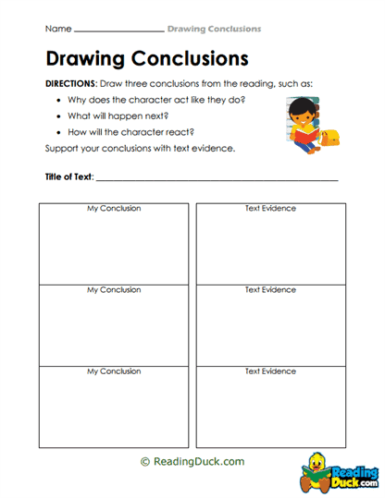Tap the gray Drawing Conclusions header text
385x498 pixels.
[x=214, y=30]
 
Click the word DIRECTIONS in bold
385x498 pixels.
[x=77, y=83]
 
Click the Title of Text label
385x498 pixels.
[x=68, y=176]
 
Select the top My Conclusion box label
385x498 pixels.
[x=114, y=209]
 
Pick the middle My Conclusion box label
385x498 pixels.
[x=114, y=290]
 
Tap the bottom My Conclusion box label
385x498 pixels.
[x=114, y=371]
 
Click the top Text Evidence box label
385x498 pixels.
[x=270, y=209]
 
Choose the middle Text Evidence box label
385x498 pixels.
[x=270, y=290]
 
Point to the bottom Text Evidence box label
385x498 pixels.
[x=270, y=371]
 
